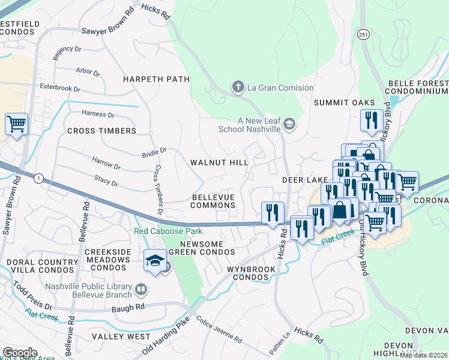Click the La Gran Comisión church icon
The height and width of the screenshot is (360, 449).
pyautogui.click(x=238, y=88)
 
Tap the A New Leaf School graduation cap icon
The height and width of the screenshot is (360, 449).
pyautogui.click(x=289, y=124)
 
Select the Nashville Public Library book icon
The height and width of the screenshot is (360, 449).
pyautogui.click(x=141, y=290)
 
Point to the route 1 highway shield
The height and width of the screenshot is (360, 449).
pyautogui.click(x=38, y=178)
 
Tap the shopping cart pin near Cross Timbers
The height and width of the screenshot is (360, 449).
pyautogui.click(x=16, y=124)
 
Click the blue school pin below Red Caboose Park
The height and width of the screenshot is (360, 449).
pyautogui.click(x=155, y=262)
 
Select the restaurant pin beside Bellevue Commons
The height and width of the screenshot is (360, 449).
pyautogui.click(x=273, y=212)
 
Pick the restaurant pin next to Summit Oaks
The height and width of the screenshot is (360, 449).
pyautogui.click(x=372, y=119)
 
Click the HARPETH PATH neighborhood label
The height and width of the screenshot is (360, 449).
pyautogui.click(x=156, y=79)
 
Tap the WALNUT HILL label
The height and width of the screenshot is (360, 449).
pyautogui.click(x=219, y=163)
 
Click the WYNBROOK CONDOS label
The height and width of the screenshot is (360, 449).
pyautogui.click(x=251, y=274)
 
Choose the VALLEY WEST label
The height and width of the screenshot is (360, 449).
pyautogui.click(x=122, y=337)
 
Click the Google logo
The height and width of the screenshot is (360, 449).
pyautogui.click(x=19, y=352)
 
